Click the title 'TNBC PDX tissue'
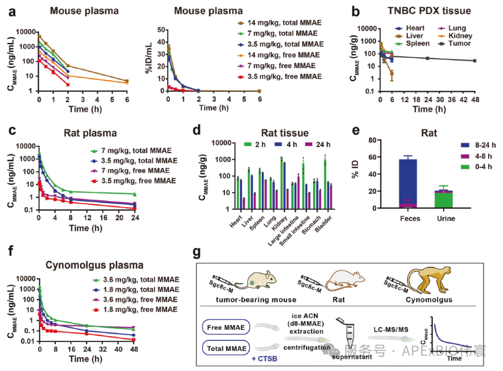coord(429,11)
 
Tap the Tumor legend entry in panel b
coord(455,44)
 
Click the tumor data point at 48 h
coord(475,60)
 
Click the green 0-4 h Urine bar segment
coord(444,200)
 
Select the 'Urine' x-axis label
coord(446,219)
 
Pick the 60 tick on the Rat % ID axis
coord(373,157)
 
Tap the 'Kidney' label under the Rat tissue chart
coord(279,223)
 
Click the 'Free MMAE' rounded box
coord(226,327)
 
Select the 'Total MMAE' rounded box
coord(226,348)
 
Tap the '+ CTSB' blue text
coord(265,359)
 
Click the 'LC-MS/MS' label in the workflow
coord(391,329)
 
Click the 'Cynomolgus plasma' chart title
coord(94,265)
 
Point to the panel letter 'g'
coord(197,253)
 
